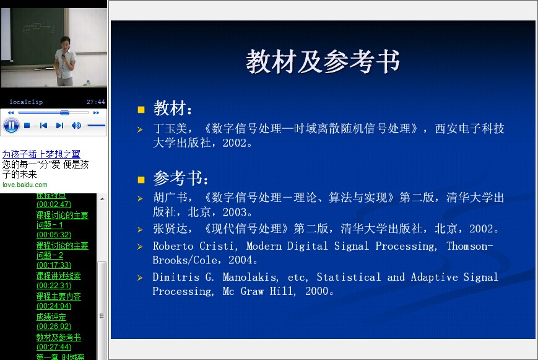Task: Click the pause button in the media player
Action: click(11, 125)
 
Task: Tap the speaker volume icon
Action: click(76, 125)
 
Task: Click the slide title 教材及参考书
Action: click(323, 61)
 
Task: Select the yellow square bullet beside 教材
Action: click(141, 110)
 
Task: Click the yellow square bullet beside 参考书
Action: click(141, 180)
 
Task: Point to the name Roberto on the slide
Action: click(173, 246)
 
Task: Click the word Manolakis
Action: click(250, 277)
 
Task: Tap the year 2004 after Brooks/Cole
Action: click(240, 260)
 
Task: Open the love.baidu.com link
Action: click(25, 185)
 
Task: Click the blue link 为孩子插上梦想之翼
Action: click(41, 154)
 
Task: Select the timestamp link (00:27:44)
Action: click(54, 347)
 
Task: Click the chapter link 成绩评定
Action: click(51, 317)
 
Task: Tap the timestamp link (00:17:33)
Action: click(54, 265)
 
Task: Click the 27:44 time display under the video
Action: click(95, 102)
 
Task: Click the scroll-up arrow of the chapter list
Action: click(102, 199)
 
